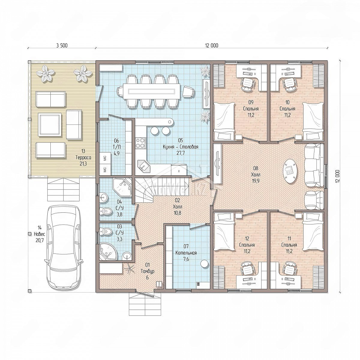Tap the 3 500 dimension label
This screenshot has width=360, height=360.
62,45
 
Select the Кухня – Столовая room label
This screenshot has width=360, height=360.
181,147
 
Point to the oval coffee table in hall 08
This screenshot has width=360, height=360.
290,171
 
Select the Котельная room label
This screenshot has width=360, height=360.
186,253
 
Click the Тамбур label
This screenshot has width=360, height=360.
148,271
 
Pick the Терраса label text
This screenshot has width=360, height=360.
83,157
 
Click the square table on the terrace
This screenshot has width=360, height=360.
50,124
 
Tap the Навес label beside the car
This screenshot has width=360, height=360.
39,234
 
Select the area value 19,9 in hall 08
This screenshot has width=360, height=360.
256,181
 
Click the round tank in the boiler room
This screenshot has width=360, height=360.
204,263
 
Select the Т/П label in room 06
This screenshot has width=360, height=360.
117,147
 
